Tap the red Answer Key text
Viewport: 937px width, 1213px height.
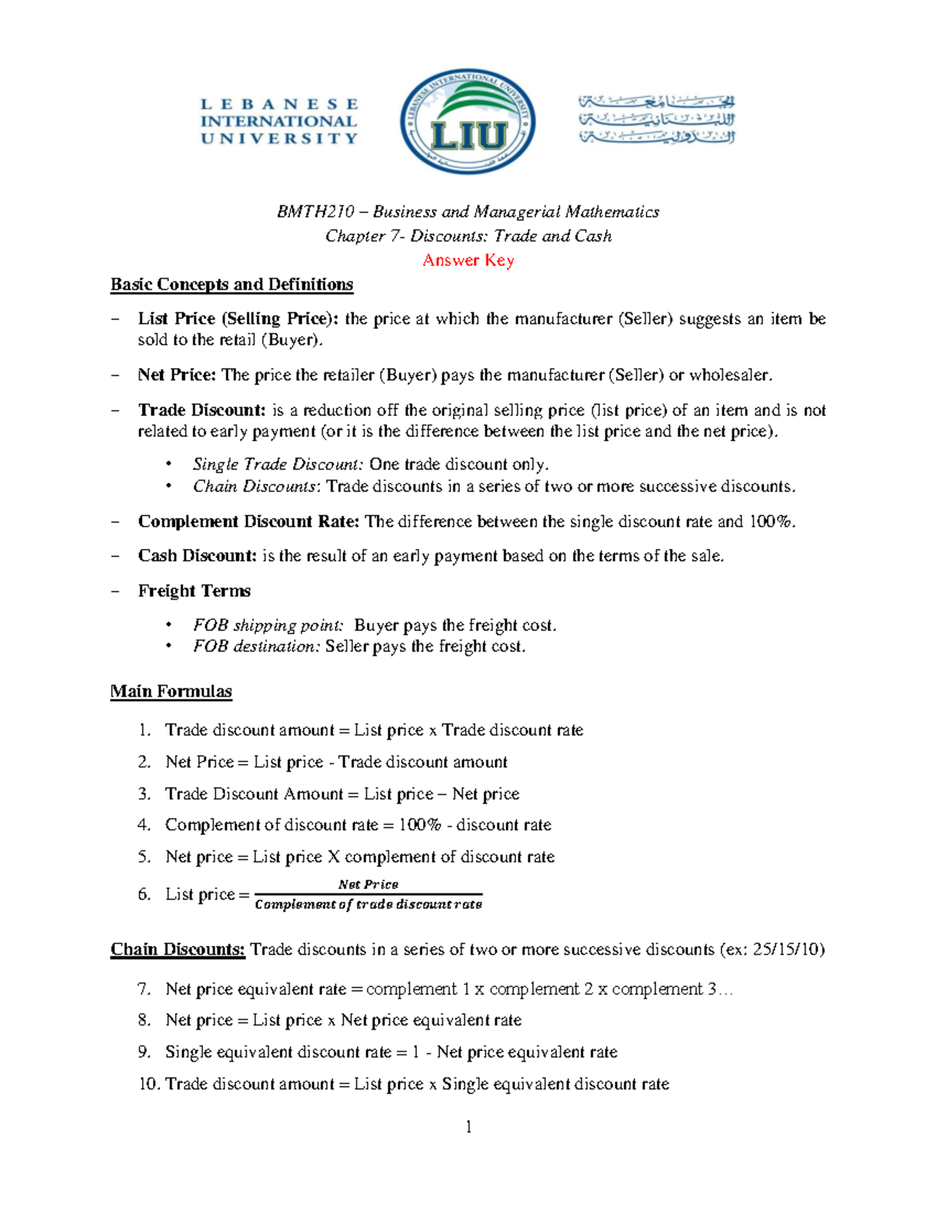468,260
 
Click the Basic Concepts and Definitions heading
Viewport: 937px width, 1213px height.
232,284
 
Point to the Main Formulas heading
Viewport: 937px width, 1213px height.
171,691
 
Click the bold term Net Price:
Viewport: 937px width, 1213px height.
177,375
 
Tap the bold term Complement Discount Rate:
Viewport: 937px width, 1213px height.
248,522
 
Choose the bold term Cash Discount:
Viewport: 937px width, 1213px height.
198,556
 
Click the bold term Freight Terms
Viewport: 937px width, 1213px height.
194,591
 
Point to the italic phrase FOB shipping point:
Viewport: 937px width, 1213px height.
268,626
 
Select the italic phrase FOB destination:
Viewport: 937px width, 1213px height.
257,647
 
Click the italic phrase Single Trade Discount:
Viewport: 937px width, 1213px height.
278,465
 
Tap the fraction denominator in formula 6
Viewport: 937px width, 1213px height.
369,904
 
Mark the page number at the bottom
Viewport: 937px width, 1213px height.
468,1126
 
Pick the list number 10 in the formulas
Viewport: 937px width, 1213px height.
148,1084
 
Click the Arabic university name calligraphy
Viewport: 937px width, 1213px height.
657,120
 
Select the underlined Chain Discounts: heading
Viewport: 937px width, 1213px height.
178,950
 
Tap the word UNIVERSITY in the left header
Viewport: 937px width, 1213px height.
279,138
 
